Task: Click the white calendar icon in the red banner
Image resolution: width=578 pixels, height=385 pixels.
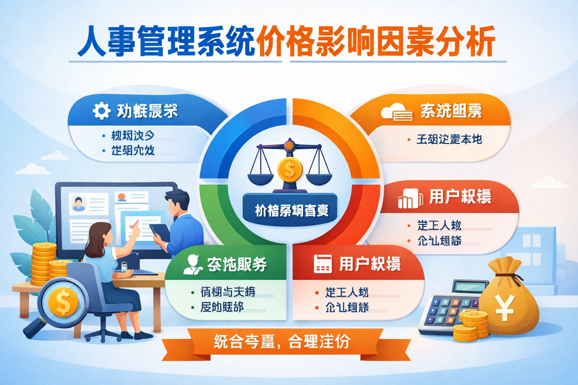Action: click(322, 264)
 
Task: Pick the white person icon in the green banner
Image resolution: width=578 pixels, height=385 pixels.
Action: click(193, 264)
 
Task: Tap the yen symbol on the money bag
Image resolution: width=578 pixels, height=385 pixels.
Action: click(504, 308)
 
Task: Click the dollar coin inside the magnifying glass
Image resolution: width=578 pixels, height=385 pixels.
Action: click(63, 302)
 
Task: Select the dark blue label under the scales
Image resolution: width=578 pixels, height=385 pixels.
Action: click(291, 210)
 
